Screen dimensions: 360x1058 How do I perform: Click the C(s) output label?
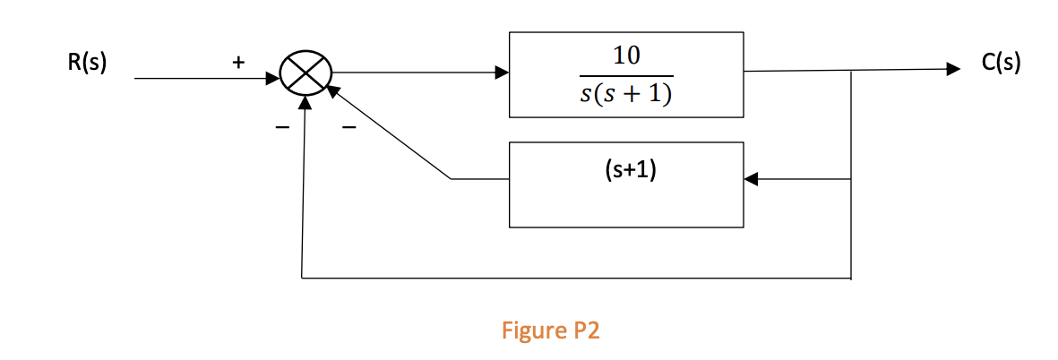(x=1001, y=64)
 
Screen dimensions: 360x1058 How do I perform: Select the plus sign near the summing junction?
(x=237, y=63)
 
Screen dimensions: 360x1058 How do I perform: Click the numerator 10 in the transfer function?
(x=625, y=56)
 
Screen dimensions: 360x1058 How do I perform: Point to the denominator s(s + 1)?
(x=625, y=93)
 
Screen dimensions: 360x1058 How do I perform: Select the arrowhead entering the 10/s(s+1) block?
(x=501, y=73)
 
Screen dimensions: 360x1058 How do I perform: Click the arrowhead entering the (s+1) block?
(x=752, y=179)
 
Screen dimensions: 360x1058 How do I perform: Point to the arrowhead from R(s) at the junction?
(x=274, y=78)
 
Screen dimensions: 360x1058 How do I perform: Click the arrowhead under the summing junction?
(x=306, y=102)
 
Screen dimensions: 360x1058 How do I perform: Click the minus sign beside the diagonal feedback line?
(x=348, y=131)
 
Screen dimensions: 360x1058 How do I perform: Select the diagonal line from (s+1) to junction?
(x=391, y=133)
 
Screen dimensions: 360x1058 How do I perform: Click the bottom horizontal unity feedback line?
(x=573, y=278)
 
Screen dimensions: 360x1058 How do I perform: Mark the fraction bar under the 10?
(x=625, y=74)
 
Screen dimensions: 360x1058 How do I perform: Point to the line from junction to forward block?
(x=412, y=73)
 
